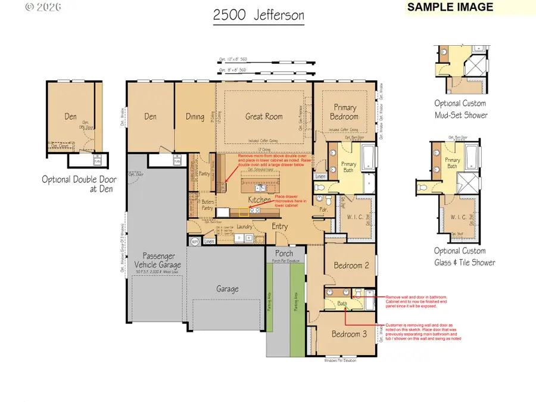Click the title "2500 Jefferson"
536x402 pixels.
click(258, 16)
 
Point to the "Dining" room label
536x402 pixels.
click(195, 117)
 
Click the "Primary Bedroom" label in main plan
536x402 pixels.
click(344, 112)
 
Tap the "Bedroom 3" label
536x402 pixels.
click(350, 334)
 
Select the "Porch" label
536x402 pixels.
click(283, 254)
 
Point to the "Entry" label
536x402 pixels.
click(280, 226)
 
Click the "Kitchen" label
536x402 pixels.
click(259, 200)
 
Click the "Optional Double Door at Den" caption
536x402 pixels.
click(77, 184)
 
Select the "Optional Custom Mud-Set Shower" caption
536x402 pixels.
click(460, 109)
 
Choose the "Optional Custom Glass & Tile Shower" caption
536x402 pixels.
click(464, 257)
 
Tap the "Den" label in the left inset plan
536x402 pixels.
click(70, 117)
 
